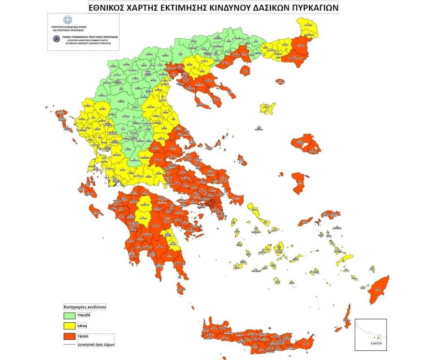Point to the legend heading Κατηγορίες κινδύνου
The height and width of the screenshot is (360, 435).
(x=85, y=307)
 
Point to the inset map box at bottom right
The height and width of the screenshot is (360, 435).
(x=371, y=334)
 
